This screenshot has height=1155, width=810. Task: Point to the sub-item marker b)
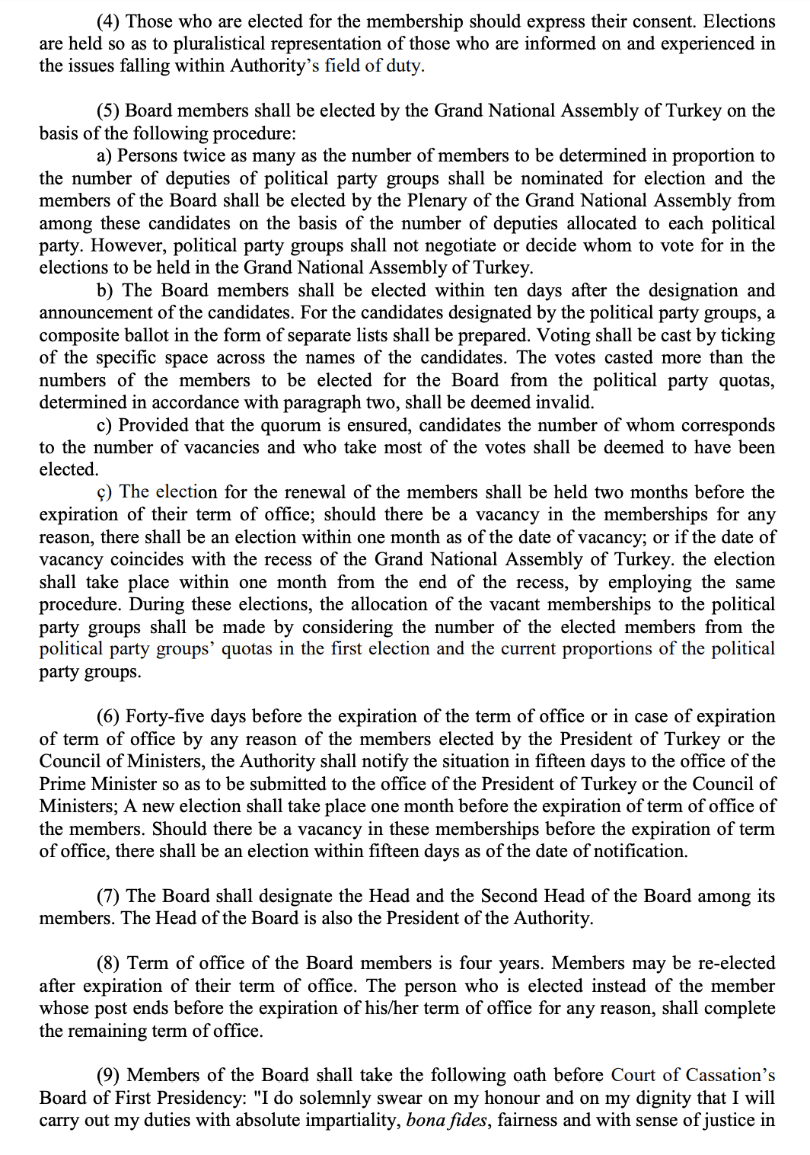[x=106, y=290]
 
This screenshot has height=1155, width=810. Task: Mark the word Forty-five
[x=164, y=716]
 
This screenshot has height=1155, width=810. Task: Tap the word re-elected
[x=737, y=963]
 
